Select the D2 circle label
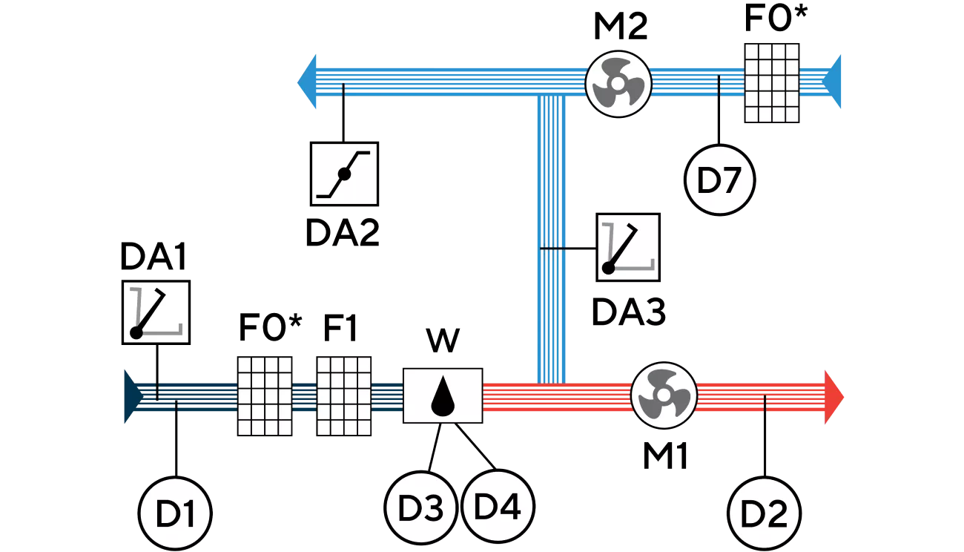pos(764,514)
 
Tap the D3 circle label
pos(420,508)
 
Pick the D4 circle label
pos(498,507)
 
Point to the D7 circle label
pos(719,181)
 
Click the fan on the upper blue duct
pos(618,83)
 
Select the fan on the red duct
pos(664,395)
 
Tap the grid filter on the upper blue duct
pos(771,82)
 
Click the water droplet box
pos(443,396)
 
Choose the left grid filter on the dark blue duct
pos(265,396)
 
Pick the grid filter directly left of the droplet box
pos(343,396)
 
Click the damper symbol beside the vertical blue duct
pos(628,248)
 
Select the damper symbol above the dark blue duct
pos(156,312)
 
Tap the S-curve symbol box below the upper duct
pos(344,174)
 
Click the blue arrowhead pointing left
pos(308,82)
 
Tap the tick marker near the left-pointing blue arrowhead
pos(342,91)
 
